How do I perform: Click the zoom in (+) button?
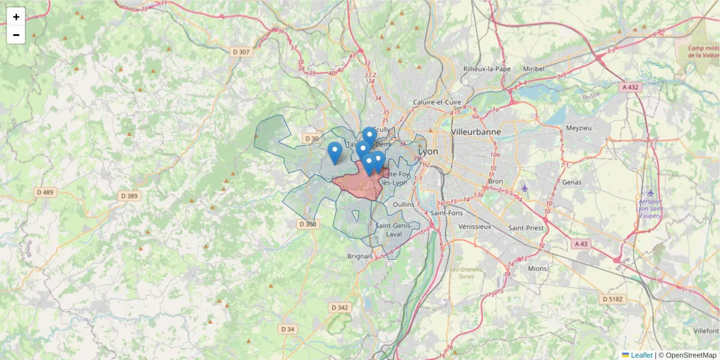click(16, 17)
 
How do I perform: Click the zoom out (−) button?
click(16, 35)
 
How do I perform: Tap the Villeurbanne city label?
click(476, 131)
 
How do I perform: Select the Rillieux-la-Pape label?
click(487, 69)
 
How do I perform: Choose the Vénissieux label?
click(474, 227)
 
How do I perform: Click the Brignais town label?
click(360, 256)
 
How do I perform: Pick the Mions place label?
click(538, 269)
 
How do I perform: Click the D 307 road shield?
click(241, 52)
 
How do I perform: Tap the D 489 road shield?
click(45, 193)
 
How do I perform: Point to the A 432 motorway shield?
click(631, 87)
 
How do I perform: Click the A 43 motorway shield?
click(581, 244)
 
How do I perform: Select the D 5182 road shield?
click(611, 299)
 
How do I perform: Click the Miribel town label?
click(533, 69)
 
